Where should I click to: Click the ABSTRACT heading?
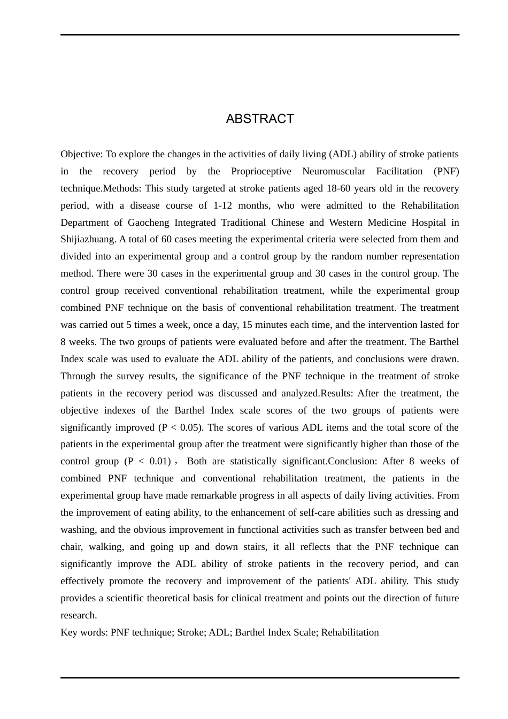coord(260,119)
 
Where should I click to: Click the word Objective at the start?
coord(81,154)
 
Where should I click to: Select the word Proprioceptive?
coord(261,171)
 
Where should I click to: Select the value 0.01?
coord(160,461)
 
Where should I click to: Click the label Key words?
coord(83,632)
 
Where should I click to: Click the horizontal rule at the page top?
coord(260,35)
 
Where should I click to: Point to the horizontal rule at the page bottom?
coord(260,678)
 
